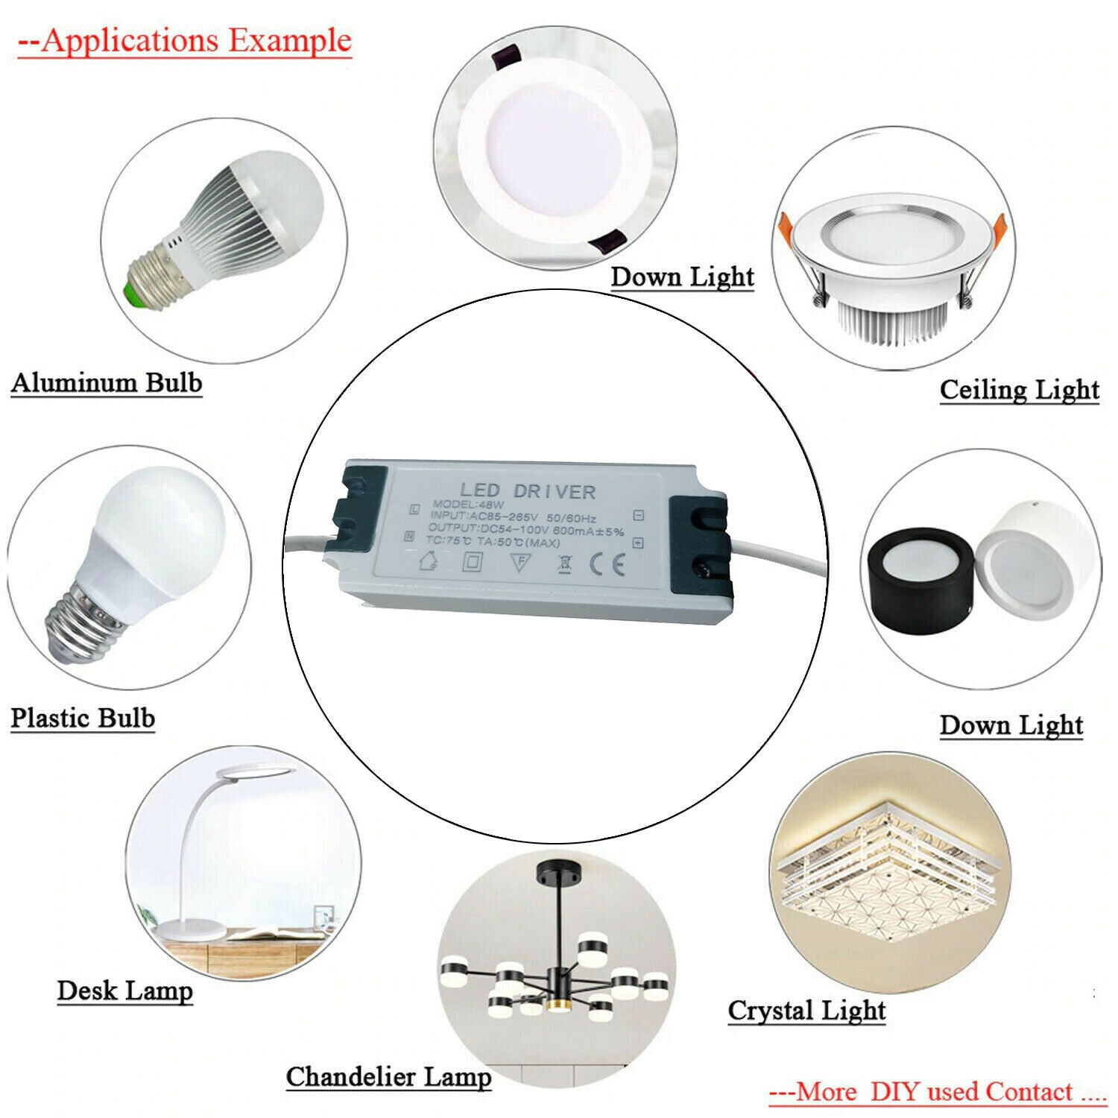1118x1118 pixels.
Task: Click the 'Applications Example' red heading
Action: tap(184, 40)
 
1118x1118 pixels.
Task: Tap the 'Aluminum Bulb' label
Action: tap(107, 383)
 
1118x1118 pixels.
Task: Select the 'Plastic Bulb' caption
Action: tap(83, 718)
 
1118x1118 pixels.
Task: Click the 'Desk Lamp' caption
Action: tap(125, 991)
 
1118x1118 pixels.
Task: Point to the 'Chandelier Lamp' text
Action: tap(388, 1077)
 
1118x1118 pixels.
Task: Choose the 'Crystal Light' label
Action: tap(806, 1011)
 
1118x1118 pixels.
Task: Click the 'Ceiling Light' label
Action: tap(1019, 389)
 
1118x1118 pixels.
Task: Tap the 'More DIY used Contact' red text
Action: tap(937, 1092)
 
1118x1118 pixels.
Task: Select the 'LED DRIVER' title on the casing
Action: tap(528, 491)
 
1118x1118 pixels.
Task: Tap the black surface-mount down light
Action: tap(920, 578)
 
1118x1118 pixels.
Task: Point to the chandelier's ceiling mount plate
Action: tap(559, 869)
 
